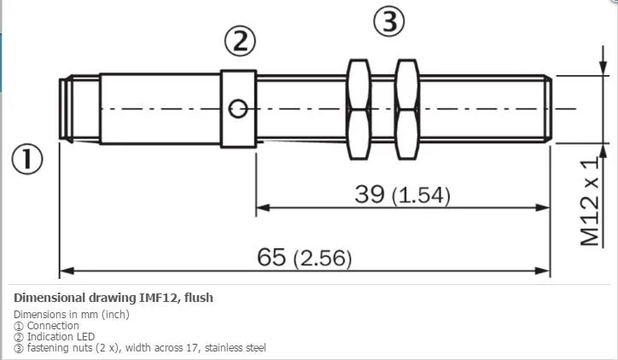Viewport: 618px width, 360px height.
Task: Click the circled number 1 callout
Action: tap(27, 159)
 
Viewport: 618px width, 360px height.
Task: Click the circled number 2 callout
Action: tap(240, 41)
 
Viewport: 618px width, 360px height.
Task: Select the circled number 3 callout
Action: tap(389, 21)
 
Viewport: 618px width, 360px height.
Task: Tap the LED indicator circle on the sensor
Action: tap(238, 109)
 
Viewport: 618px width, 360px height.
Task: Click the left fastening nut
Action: tap(359, 109)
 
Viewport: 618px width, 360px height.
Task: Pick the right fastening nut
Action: tap(407, 109)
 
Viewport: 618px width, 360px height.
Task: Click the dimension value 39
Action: tap(370, 194)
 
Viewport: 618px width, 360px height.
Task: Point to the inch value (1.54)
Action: tap(421, 195)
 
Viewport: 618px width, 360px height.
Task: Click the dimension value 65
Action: tap(271, 257)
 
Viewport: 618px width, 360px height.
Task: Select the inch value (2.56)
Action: tap(323, 258)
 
